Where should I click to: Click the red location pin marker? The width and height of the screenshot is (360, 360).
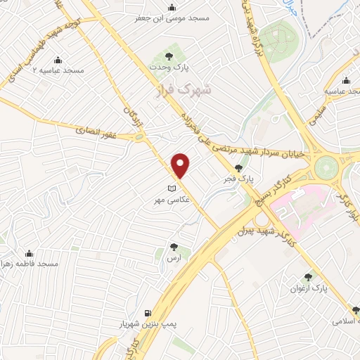[x=181, y=165]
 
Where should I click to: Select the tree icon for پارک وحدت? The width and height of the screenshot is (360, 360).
[x=168, y=54]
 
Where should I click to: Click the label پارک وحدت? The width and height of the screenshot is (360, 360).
[x=168, y=68]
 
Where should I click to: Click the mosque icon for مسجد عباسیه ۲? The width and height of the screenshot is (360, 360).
[x=57, y=59]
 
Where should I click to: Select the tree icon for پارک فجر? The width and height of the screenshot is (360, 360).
[x=239, y=167]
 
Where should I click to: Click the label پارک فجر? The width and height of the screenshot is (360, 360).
[x=239, y=180]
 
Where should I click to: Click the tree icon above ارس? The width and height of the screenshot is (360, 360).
[x=174, y=246]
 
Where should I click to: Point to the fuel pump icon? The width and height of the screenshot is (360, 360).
[x=147, y=313]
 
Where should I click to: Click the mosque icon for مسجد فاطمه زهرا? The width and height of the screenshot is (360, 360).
[x=30, y=253]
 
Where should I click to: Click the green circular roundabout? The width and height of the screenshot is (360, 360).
[x=326, y=168]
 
